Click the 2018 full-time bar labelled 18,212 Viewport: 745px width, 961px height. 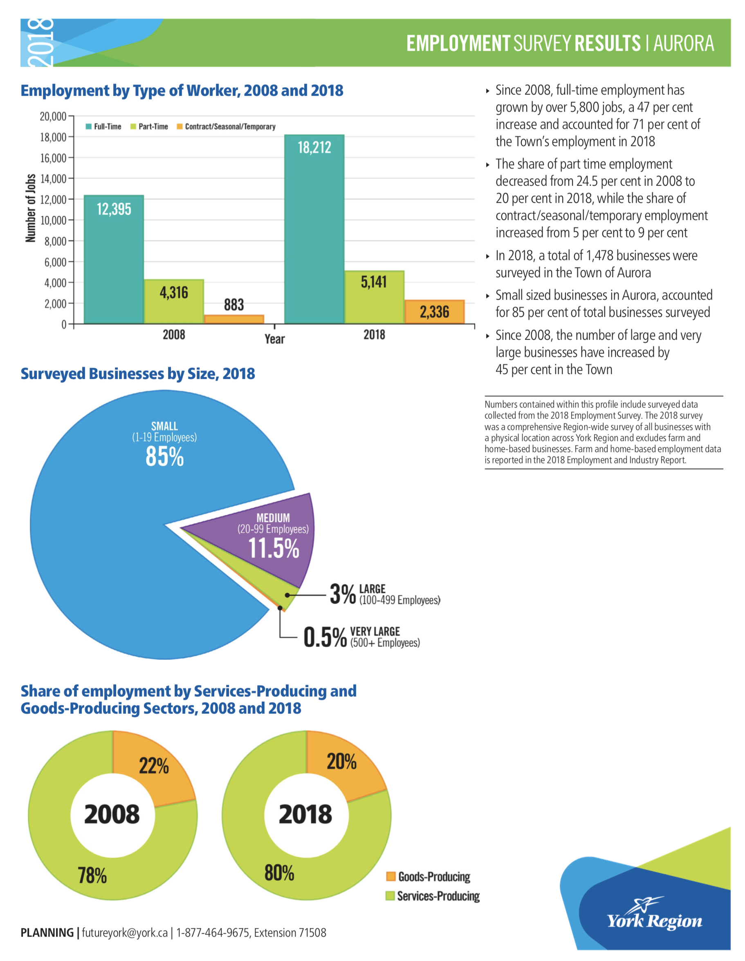pos(314,229)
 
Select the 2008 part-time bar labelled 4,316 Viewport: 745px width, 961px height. pos(174,302)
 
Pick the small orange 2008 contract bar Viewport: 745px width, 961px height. pos(234,319)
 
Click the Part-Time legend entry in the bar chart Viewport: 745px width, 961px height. pos(149,127)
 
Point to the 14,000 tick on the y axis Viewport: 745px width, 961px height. pos(53,179)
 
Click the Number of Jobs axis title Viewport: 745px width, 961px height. pos(30,208)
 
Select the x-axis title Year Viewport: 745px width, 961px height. pos(274,339)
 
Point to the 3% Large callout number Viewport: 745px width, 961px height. pos(343,594)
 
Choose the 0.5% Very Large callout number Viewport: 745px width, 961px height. pos(325,637)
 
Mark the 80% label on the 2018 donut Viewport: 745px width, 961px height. pos(279,873)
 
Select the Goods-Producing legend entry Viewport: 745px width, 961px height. pos(429,876)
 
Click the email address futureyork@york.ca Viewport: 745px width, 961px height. pos(125,932)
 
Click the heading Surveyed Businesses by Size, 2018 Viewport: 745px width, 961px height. pos(138,373)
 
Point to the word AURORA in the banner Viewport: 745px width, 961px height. pos(683,43)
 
